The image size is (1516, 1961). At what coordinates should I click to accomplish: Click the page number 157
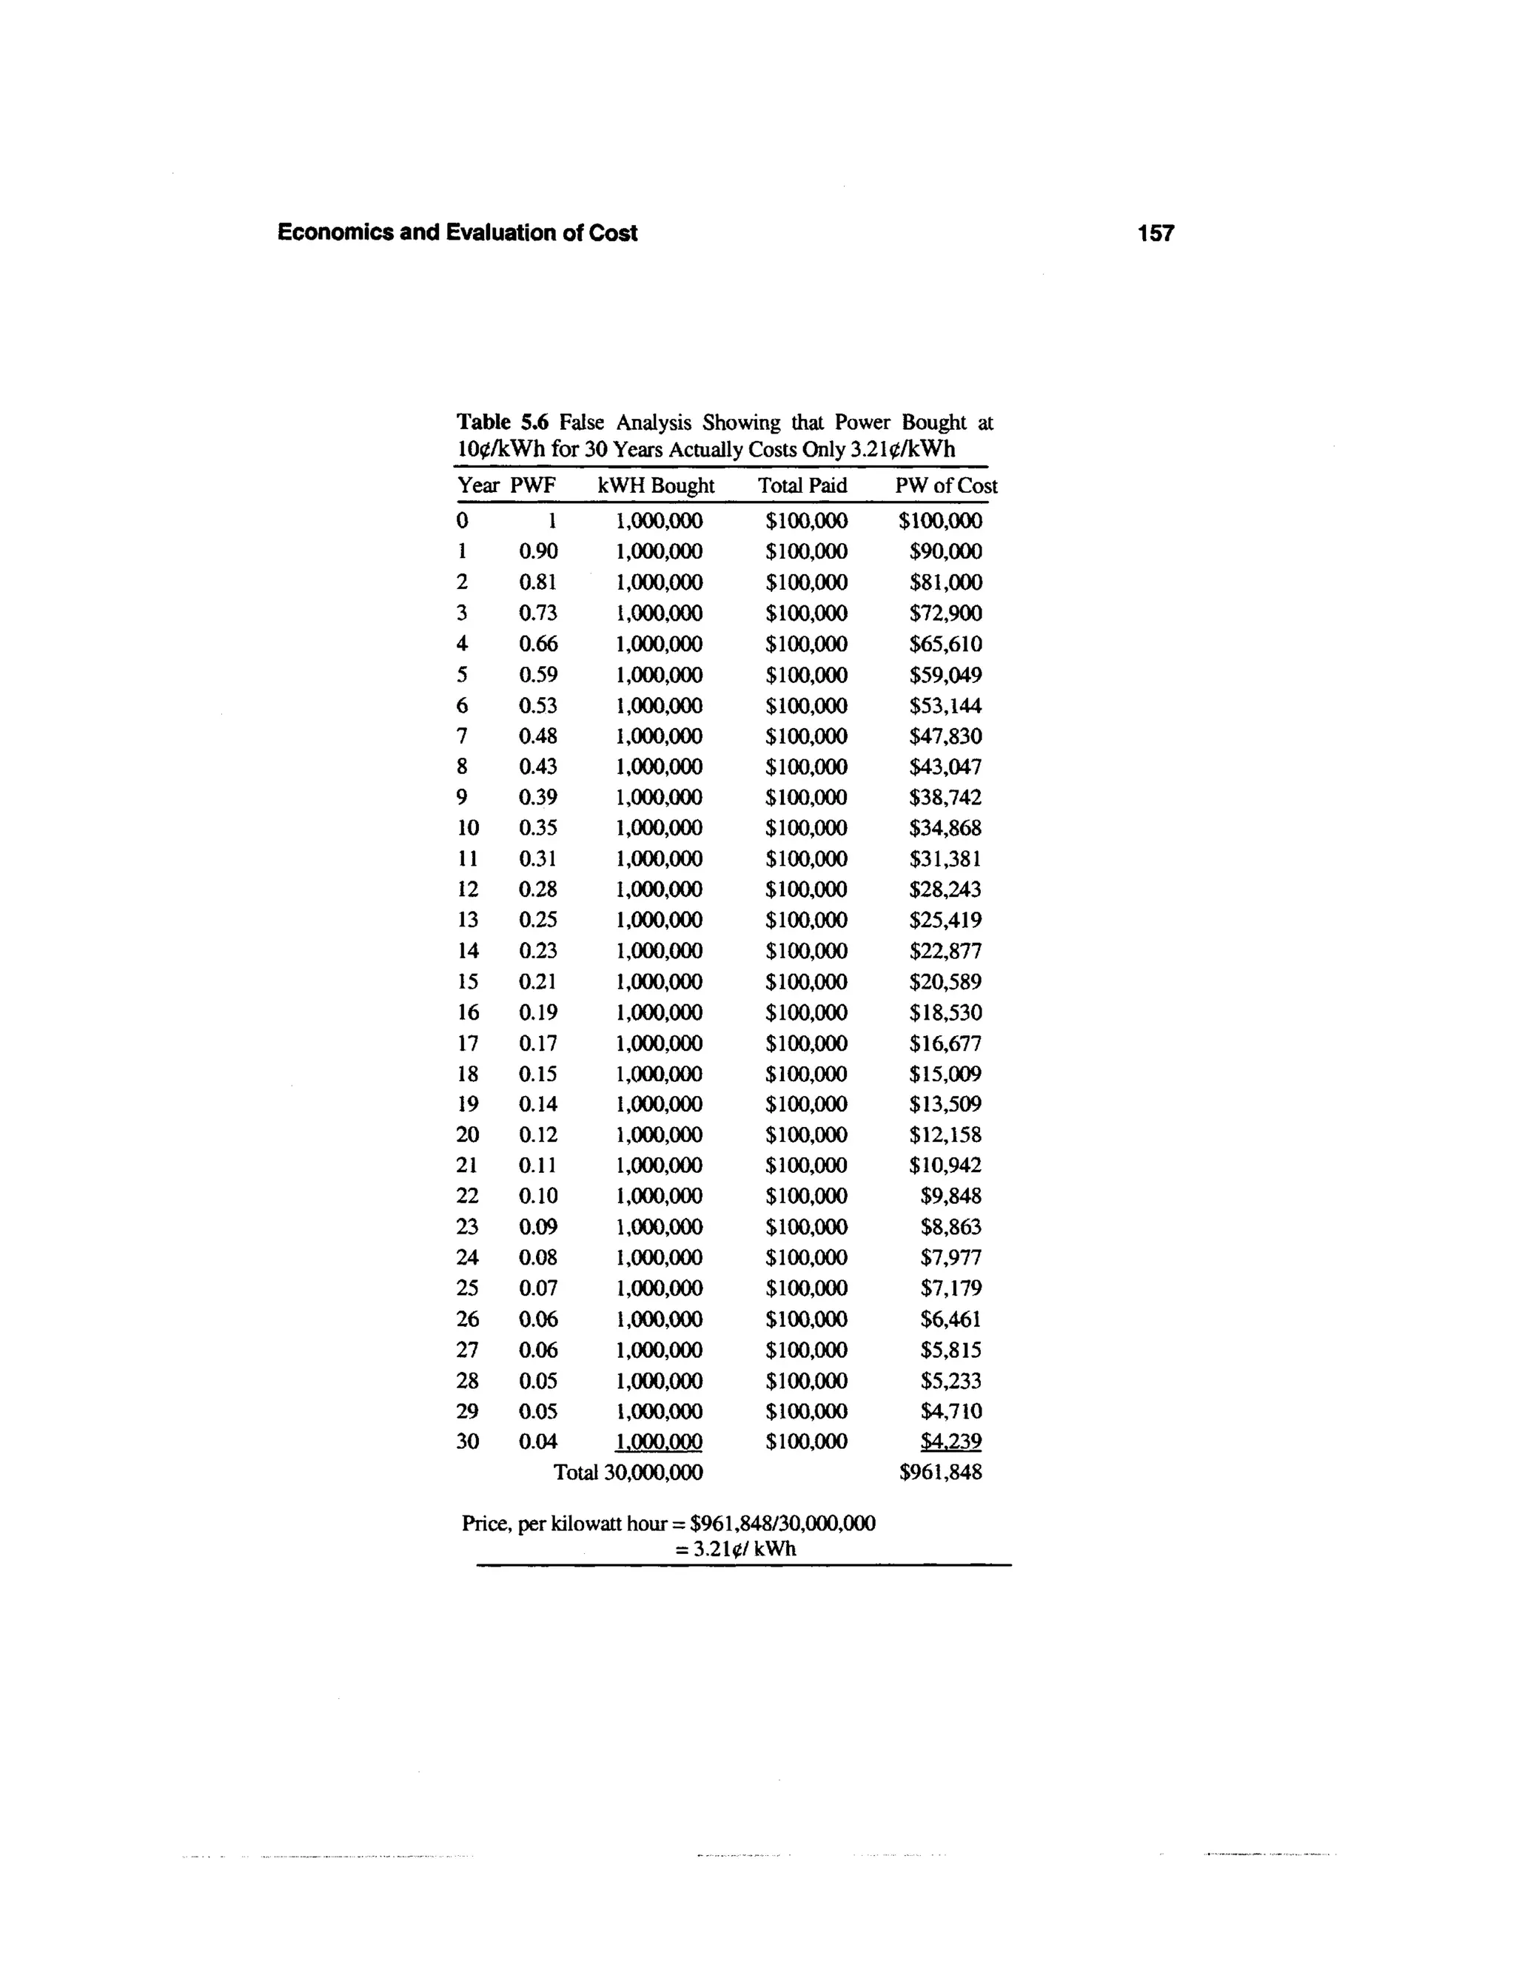(1154, 233)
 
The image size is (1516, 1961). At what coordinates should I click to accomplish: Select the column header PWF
(534, 485)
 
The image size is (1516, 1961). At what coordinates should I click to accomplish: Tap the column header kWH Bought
(656, 485)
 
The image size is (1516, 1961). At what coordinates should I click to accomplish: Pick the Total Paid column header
(802, 485)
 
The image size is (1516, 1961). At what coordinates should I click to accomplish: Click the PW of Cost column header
(946, 485)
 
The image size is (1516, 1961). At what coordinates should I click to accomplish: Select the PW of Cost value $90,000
(946, 551)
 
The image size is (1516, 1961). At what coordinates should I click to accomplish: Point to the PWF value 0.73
(538, 613)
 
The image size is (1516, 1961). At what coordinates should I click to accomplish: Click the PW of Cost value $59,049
(946, 674)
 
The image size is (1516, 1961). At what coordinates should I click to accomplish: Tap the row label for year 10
(468, 828)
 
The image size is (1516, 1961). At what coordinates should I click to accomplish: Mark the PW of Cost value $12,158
(946, 1135)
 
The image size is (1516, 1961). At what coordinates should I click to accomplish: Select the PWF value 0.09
(538, 1226)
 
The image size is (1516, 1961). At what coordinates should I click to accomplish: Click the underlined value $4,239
(951, 1441)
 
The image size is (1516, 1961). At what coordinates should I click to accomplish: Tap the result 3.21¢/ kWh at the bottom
(736, 1549)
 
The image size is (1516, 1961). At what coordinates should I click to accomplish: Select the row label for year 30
(468, 1441)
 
